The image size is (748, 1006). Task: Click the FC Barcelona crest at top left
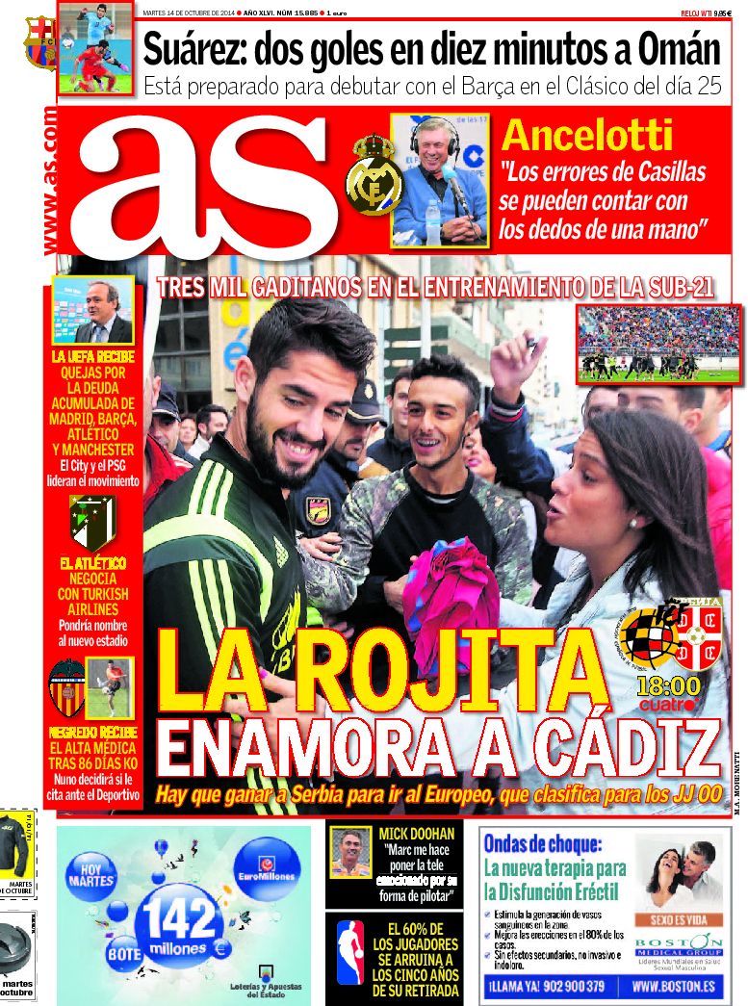point(39,42)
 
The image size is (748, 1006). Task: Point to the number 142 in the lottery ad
point(179,918)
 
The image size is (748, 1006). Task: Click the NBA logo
point(350,954)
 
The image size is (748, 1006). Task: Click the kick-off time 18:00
point(668,686)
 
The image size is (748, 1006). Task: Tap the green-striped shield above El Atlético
point(92,523)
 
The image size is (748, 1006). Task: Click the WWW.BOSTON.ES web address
point(673,986)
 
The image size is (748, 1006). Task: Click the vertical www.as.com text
point(48,183)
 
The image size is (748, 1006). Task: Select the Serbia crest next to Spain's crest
point(698,636)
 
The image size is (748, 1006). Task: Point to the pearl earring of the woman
point(633,521)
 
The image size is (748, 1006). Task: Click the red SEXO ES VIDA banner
point(681,920)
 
